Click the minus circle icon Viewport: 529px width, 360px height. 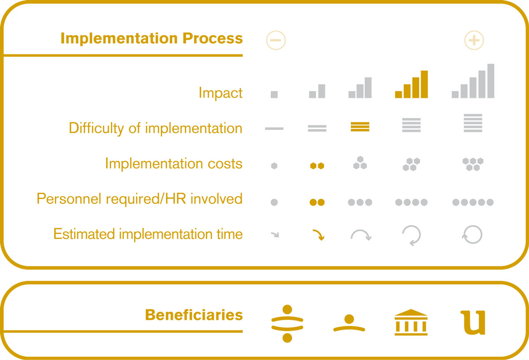click(276, 40)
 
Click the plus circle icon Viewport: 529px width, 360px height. click(474, 40)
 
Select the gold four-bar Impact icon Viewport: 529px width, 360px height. click(411, 84)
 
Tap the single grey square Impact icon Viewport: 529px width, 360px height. click(274, 94)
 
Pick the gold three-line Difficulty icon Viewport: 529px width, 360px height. click(360, 127)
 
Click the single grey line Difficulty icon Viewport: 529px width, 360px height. click(274, 128)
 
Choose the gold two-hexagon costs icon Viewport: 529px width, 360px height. click(317, 166)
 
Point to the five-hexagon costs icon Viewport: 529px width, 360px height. click(473, 164)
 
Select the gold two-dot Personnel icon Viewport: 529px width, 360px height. click(317, 202)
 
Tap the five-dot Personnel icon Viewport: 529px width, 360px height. click(473, 202)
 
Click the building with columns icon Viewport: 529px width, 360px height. click(411, 322)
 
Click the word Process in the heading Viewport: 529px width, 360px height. click(212, 38)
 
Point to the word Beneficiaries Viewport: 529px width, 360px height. click(194, 315)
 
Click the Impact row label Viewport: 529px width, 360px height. click(220, 93)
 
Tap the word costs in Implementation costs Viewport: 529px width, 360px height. click(225, 164)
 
